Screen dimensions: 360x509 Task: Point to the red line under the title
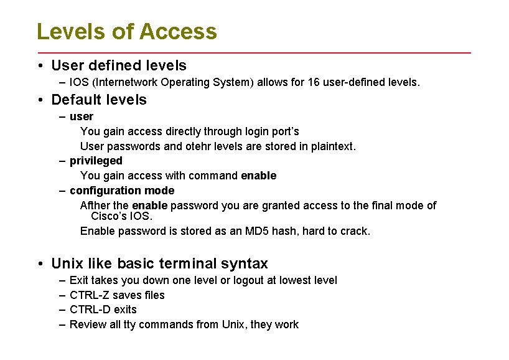[254, 52]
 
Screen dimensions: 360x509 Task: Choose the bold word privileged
[96, 161]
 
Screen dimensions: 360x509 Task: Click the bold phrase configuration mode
[122, 191]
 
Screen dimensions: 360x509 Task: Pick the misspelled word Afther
[96, 206]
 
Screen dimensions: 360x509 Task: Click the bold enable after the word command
[258, 176]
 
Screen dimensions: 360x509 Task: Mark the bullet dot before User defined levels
[39, 65]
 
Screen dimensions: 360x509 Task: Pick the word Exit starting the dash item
[79, 280]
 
